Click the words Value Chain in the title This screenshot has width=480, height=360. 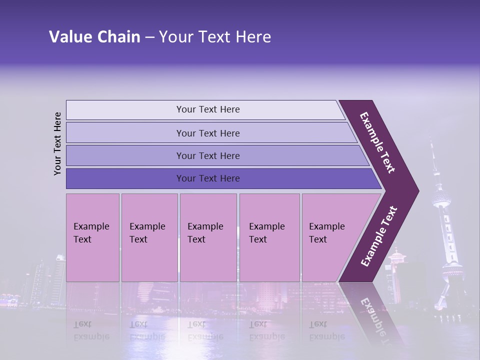click(x=94, y=37)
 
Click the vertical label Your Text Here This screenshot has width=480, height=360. click(x=57, y=143)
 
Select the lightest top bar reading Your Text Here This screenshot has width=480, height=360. click(x=208, y=109)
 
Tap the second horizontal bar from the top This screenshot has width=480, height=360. click(x=208, y=133)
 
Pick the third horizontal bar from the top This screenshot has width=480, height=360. click(x=208, y=155)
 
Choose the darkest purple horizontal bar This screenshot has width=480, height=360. click(x=208, y=178)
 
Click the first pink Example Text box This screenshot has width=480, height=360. click(x=92, y=237)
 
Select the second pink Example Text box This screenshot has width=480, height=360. click(x=149, y=237)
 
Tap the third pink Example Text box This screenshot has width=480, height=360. click(x=208, y=237)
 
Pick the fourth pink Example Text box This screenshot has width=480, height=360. click(x=269, y=237)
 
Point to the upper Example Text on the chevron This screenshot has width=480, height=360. click(x=378, y=142)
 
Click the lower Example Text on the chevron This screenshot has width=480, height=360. click(x=379, y=236)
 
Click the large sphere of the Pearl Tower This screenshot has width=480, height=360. click(x=441, y=200)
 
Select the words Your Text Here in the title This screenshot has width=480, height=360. click(x=215, y=37)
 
